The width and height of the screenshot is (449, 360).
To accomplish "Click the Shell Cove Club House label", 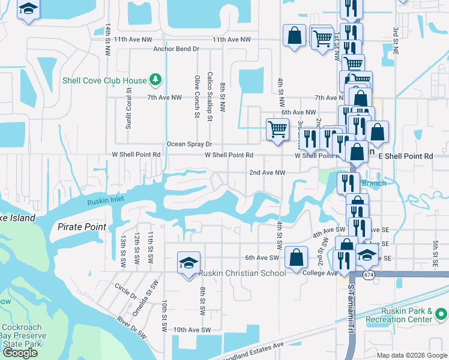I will coord(105,80).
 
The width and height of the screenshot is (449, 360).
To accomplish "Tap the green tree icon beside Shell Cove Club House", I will coord(155,80).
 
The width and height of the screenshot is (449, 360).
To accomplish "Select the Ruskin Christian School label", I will coord(242,274).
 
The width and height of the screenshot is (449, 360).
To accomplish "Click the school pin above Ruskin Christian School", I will coord(188,263).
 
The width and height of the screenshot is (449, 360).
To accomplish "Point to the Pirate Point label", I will coord(82,227).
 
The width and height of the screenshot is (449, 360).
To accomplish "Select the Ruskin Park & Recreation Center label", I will coord(406,315).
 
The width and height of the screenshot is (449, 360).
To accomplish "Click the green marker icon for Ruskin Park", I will coord(441,314).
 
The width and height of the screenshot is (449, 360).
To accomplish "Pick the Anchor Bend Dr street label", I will coord(176,49).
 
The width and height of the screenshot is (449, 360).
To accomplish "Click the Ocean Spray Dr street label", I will coord(190,144).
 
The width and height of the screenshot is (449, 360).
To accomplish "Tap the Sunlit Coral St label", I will coord(128,112).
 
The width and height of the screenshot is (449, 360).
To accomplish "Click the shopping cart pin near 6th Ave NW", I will coord(277,130).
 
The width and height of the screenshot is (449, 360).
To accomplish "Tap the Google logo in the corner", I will coord(20,353).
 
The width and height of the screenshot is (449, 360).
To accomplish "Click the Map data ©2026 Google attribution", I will coord(412,355).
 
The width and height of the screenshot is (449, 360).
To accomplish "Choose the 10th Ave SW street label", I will coord(192,330).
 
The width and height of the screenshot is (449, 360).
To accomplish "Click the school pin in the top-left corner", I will coord(28,10).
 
